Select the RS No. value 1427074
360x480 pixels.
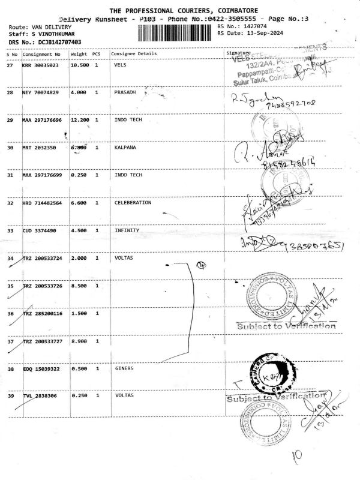[x=253, y=27]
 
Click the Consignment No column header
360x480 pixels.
[x=41, y=54]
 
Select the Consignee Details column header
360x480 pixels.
[x=134, y=54]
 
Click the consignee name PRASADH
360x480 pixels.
[x=125, y=93]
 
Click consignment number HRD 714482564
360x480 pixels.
[x=43, y=203]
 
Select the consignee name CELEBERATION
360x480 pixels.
[x=133, y=203]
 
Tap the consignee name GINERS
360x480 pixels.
[x=124, y=368]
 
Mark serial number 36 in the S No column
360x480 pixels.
[x=10, y=313]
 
